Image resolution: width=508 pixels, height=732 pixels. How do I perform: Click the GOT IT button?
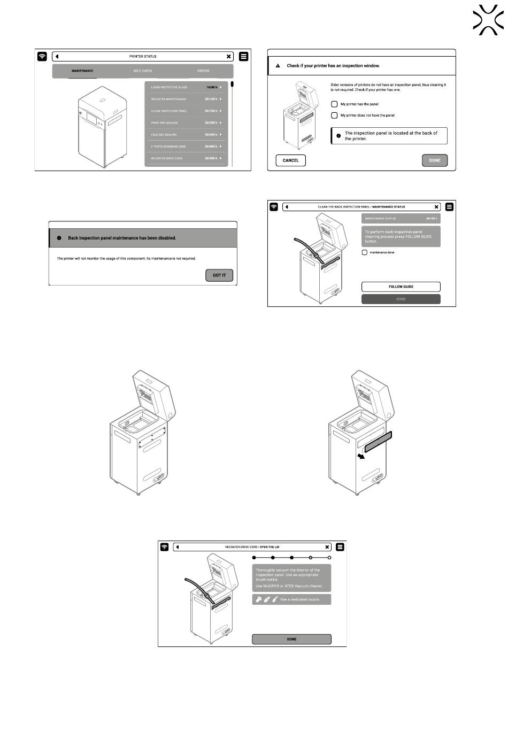(x=219, y=275)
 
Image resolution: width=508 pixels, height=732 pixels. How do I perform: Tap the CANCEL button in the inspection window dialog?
(x=290, y=160)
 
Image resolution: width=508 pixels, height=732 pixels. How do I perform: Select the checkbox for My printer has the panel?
(x=334, y=104)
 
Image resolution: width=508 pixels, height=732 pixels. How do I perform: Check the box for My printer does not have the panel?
(x=334, y=115)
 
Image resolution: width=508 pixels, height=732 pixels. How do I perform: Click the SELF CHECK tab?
(x=143, y=71)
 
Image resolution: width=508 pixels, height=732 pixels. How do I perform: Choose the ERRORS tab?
(x=203, y=71)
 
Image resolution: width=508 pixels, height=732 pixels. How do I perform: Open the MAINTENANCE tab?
(x=82, y=71)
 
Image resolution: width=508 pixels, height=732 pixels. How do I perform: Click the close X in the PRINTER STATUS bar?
(x=229, y=56)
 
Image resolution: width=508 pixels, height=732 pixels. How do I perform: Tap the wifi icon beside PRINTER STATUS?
(x=42, y=56)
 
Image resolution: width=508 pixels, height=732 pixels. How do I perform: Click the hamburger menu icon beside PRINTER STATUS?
(x=244, y=56)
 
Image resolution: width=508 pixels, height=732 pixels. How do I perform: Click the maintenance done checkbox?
(x=365, y=252)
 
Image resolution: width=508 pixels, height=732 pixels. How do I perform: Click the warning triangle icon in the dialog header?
(x=278, y=66)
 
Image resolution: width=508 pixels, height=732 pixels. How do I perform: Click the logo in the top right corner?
(x=488, y=20)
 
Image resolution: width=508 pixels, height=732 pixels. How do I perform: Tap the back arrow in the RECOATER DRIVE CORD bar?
(x=178, y=547)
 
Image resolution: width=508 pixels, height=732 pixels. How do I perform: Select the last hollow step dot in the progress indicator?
(x=329, y=558)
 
